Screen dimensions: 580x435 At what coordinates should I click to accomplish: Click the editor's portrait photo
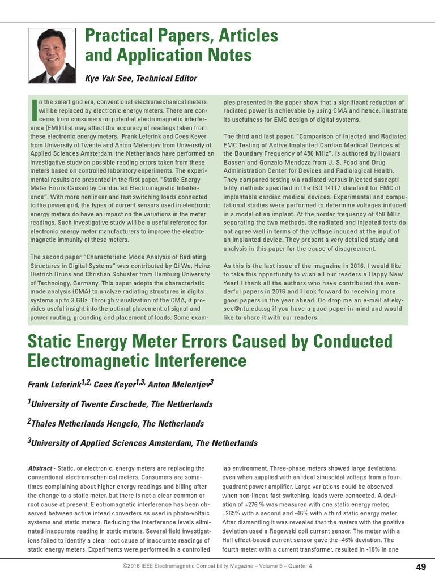(52, 56)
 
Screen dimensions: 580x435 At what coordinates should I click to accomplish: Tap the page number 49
(421, 566)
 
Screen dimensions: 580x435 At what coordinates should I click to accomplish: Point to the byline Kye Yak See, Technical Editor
(141, 78)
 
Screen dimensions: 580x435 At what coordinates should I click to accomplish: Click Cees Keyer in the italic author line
(114, 385)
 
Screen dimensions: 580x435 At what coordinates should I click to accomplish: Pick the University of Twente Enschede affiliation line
(122, 404)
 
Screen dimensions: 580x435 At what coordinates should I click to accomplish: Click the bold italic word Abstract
(40, 469)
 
